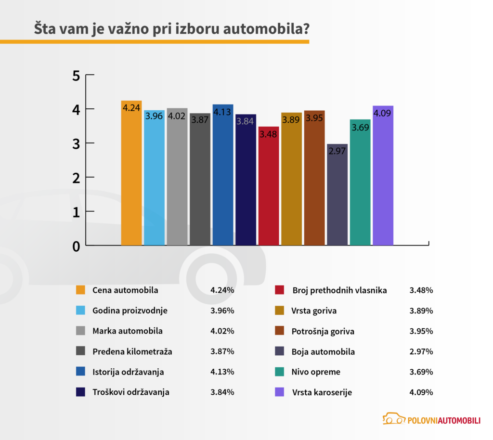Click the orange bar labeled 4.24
coord(131,173)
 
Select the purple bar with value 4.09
coord(383,176)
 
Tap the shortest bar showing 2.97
coord(337,194)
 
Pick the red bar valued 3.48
coord(269,186)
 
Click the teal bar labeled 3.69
coord(360,182)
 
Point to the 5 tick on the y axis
coord(76,76)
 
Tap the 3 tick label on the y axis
coord(76,143)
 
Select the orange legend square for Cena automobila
coord(80,290)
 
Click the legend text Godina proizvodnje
coord(130,311)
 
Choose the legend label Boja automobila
coord(323,351)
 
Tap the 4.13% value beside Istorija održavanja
coord(222,372)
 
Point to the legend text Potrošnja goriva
coord(323,331)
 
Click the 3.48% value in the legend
coord(421,290)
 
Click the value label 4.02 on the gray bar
coord(177,116)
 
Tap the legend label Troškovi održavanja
coord(130,392)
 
